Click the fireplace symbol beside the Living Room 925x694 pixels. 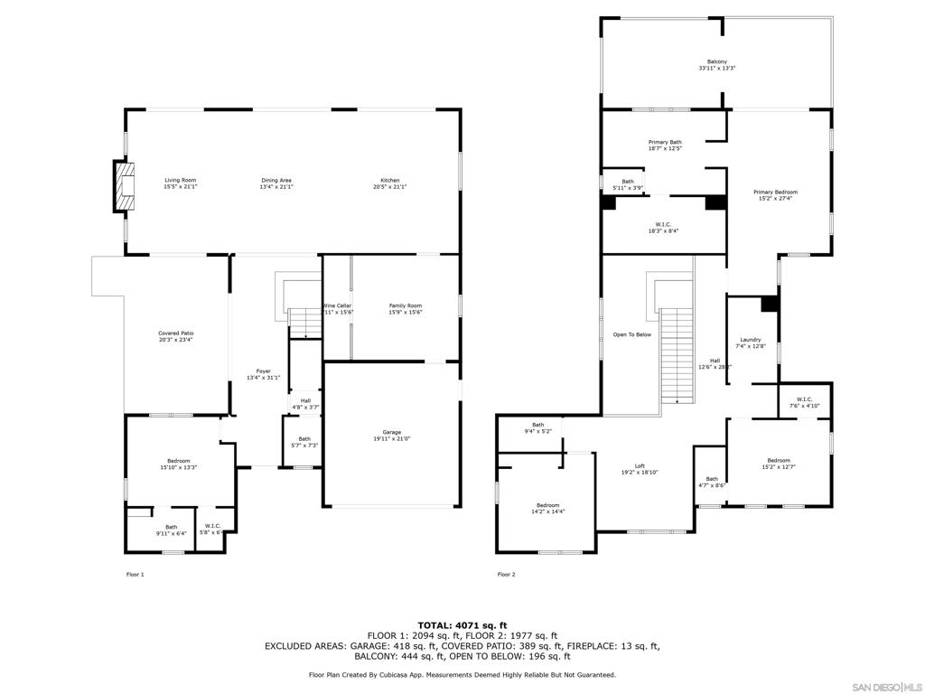coord(123,186)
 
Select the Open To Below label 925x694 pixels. coord(631,334)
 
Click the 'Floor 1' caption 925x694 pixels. coord(135,574)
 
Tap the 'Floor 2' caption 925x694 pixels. coord(506,574)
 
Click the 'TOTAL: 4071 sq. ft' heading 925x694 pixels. coord(462,624)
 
